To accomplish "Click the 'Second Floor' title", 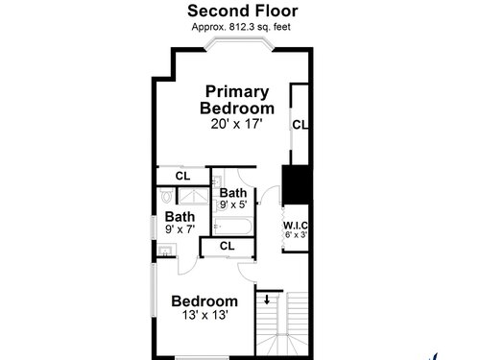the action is coord(243,11).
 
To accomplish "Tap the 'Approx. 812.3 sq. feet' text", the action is coord(241,27).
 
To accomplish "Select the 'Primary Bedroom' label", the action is coord(237,100).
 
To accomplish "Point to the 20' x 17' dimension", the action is coord(236,124).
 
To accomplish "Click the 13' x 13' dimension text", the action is coord(204,315).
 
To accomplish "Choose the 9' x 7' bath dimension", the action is coord(180,229).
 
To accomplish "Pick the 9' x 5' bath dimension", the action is coord(233,204).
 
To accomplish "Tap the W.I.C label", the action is coord(296,226).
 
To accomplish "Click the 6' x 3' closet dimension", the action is coord(296,235).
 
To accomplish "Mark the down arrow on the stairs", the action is coord(267,300).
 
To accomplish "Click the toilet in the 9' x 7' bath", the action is coord(166,195).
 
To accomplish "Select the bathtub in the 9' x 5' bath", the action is coord(232,226).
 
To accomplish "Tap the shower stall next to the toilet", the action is coord(193,196).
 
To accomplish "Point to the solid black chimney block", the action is coord(296,184).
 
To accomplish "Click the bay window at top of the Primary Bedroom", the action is coord(239,44).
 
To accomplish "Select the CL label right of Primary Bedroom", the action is coord(300,125).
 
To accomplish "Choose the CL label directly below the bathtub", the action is coord(228,246).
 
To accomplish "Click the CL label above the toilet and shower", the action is coord(182,176).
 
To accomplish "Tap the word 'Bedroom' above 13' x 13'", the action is coord(204,301).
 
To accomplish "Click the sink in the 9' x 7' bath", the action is coord(166,250).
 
